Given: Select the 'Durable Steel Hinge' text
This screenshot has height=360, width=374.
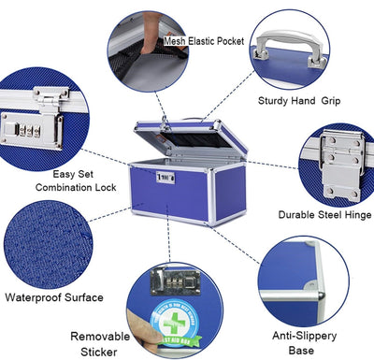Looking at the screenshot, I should coord(325,214).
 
